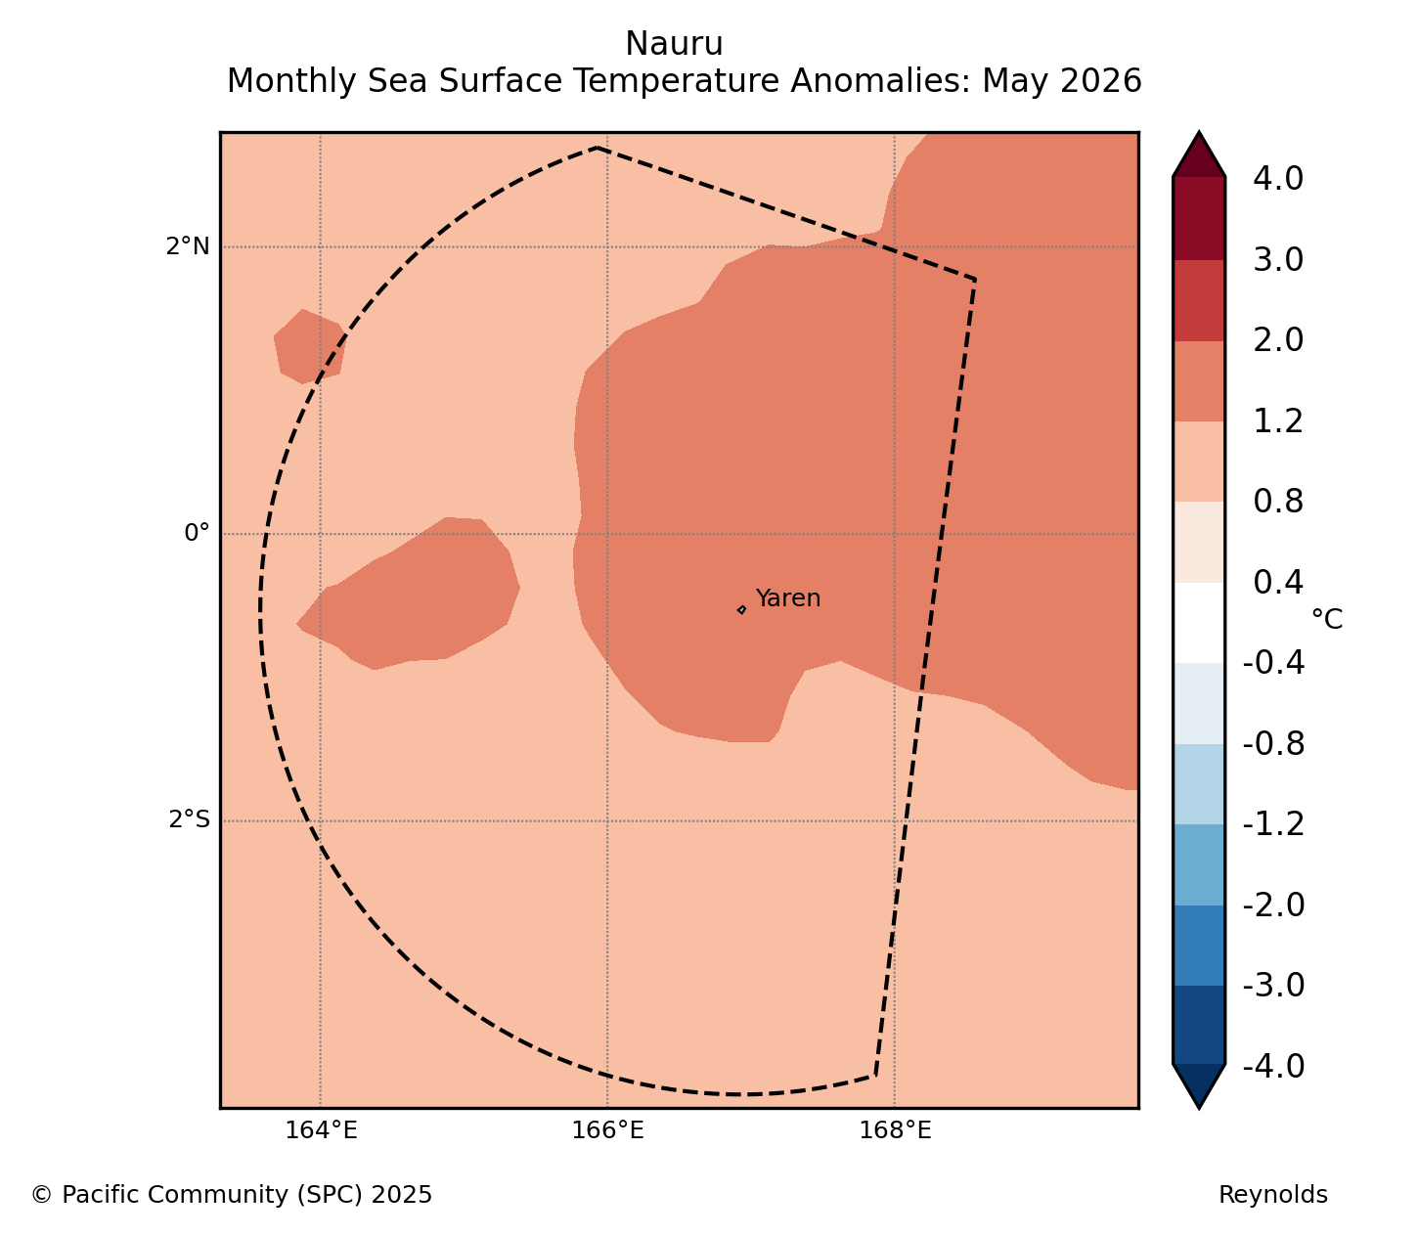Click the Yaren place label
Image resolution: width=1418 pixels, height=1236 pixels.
coord(787,597)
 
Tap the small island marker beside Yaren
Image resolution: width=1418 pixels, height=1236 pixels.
coord(741,609)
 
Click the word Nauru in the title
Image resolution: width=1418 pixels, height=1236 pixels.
coord(674,44)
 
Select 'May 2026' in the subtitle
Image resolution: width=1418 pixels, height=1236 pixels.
coord(1061,81)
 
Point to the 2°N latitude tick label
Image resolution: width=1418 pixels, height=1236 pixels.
coord(187,246)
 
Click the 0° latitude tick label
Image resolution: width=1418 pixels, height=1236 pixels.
coord(197,533)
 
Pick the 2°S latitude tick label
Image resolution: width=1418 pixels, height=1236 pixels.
coord(189,819)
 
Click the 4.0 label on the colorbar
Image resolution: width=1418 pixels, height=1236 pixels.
coord(1277,179)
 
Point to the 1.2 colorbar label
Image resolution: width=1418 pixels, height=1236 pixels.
coord(1277,421)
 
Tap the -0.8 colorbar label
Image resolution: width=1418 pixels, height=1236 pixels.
coord(1273,744)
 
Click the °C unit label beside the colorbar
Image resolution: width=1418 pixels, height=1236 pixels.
coord(1326,619)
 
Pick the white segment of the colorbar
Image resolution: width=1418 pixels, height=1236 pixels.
coord(1199,623)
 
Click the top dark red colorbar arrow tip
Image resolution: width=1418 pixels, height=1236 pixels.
coord(1199,132)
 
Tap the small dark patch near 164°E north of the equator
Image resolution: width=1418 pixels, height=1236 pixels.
coord(309,346)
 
